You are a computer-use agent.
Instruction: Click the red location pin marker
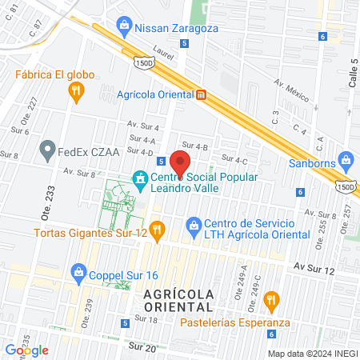(x=181, y=163)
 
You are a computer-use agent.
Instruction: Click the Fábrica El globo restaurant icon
(x=76, y=92)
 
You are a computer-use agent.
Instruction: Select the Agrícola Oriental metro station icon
(x=202, y=94)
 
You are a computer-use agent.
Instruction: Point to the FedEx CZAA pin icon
(x=47, y=148)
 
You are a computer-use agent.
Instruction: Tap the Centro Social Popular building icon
(x=141, y=178)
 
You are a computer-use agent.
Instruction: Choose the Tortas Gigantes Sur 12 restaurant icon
(x=157, y=232)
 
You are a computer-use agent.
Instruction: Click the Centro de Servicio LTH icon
(x=193, y=225)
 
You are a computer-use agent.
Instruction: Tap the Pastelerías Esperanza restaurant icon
(x=272, y=302)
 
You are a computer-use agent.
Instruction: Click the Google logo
(x=26, y=350)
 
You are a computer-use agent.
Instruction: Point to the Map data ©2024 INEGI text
(x=311, y=354)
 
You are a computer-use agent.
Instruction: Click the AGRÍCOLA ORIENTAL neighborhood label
(x=179, y=300)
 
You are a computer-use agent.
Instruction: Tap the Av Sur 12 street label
(x=312, y=265)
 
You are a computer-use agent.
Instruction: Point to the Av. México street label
(x=291, y=88)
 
